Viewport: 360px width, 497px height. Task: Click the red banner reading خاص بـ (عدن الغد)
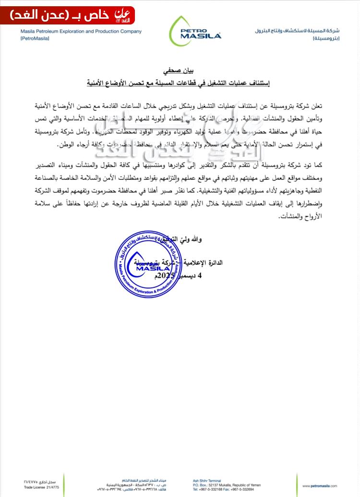[72, 16]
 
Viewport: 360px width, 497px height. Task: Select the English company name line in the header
[81, 32]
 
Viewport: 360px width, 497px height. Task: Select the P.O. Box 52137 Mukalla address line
[216, 485]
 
